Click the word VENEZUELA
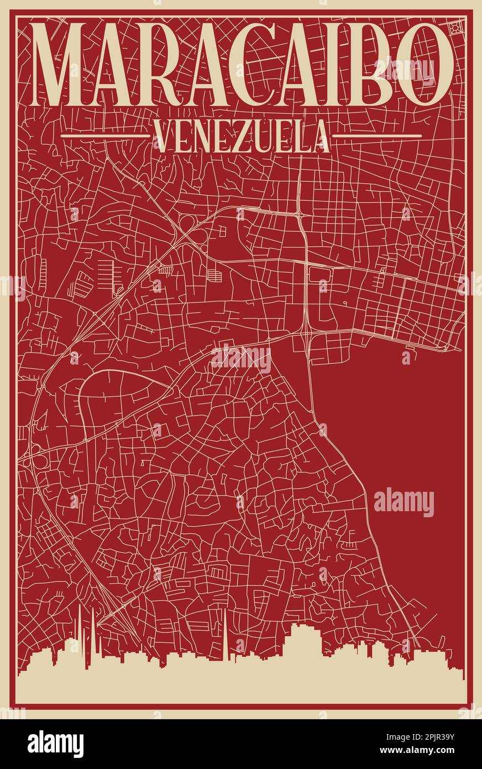click(x=241, y=137)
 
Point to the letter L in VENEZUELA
click(x=300, y=137)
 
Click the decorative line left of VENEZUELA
click(x=105, y=135)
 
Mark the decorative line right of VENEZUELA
click(x=378, y=135)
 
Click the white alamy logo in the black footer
click(x=55, y=744)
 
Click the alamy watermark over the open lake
click(x=404, y=502)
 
